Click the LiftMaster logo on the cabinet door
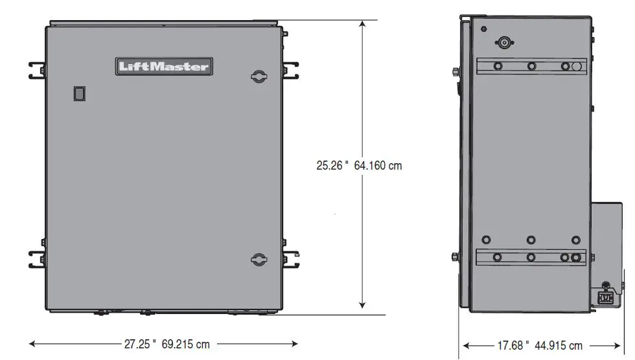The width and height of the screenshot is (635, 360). pos(163,66)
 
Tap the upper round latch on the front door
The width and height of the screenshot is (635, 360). pos(259,76)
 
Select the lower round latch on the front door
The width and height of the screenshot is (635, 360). pos(259,259)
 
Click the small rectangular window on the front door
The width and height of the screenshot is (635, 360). pos(79,94)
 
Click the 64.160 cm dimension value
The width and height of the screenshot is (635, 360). pos(378,166)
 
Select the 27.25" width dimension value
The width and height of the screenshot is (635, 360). pos(141,344)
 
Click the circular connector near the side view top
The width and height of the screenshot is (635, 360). pos(503,43)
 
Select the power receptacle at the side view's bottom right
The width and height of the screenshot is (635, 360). pos(604,298)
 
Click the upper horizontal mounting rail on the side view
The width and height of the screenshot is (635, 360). pos(531,66)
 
